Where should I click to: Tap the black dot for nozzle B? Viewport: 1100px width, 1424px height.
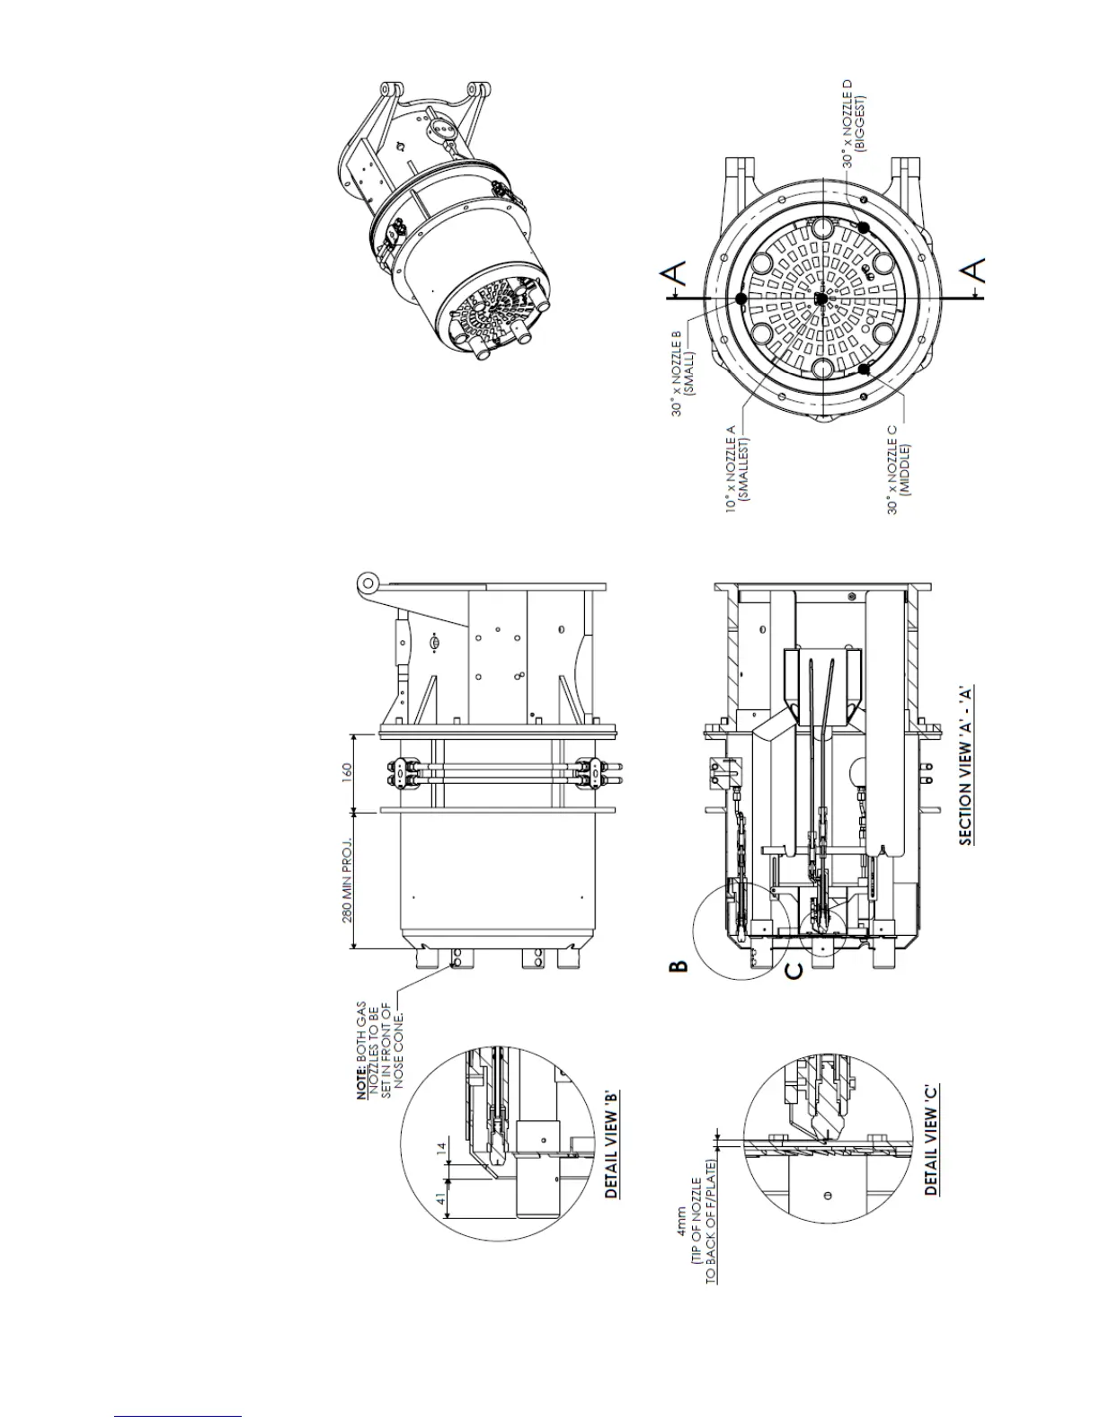click(x=741, y=298)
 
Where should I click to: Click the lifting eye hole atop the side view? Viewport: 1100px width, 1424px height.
click(x=367, y=583)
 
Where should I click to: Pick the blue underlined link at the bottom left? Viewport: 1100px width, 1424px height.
click(x=179, y=1417)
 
